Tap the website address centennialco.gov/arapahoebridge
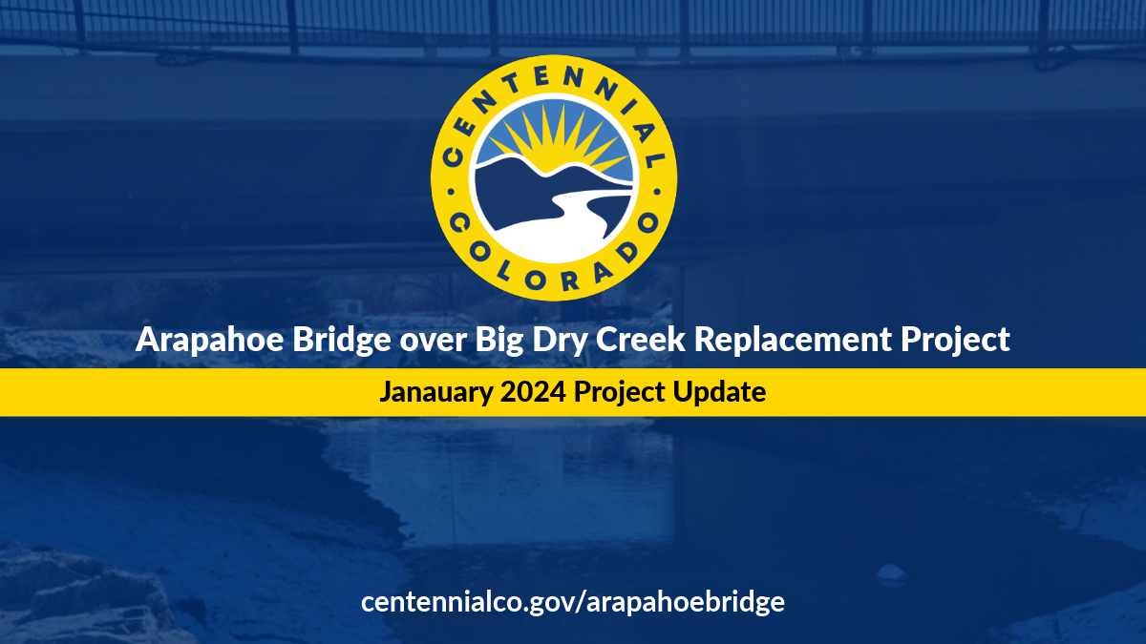pos(573,602)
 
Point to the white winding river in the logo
pos(563,215)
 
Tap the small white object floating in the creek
pos(890,572)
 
